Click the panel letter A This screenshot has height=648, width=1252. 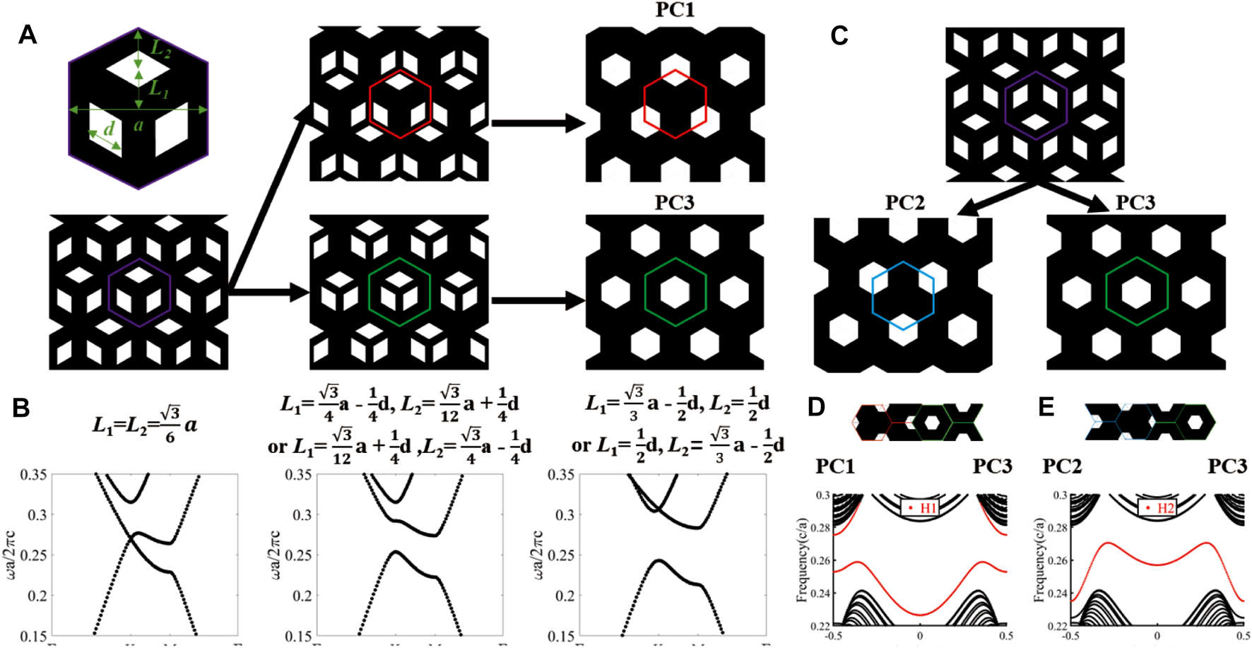click(27, 35)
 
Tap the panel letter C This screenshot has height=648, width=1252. click(839, 35)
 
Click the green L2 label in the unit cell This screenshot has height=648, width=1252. click(162, 49)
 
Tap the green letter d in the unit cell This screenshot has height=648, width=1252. click(109, 129)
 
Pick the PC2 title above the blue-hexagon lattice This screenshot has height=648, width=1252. click(905, 204)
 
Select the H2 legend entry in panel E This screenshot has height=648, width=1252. click(1158, 508)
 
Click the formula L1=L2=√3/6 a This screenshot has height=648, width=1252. click(145, 425)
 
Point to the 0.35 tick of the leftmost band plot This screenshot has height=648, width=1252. click(34, 475)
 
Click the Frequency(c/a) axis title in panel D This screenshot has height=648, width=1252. click(802, 560)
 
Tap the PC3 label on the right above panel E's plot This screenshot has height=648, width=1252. click(1227, 466)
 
